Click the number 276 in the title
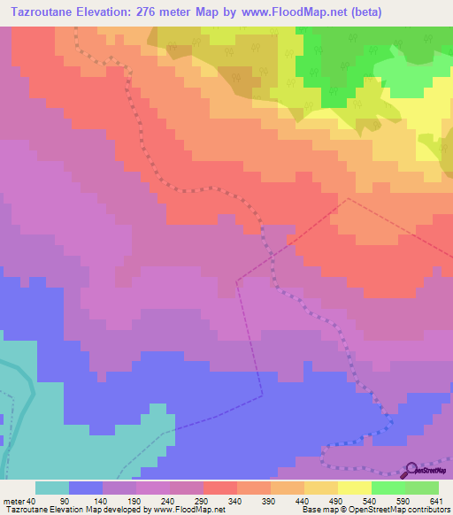point(183,12)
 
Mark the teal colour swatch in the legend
point(52,488)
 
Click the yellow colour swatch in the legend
point(355,488)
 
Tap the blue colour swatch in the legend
point(86,488)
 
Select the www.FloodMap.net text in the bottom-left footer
point(188,510)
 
